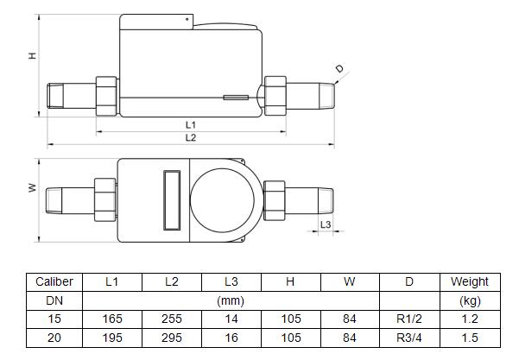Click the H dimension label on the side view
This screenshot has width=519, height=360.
point(32,56)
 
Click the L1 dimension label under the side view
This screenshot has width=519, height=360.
point(191,125)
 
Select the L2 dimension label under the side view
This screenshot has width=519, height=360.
point(191,138)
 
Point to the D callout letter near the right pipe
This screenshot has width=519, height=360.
point(339,69)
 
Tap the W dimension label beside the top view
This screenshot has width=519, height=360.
point(32,188)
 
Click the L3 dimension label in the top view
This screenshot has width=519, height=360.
point(326,224)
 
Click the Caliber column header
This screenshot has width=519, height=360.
point(54,281)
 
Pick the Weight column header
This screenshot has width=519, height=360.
point(469,281)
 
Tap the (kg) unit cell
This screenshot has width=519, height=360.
point(469,300)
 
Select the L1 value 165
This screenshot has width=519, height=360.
point(111,319)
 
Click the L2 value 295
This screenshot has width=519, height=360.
point(171,338)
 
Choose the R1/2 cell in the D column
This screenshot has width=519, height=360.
point(409,319)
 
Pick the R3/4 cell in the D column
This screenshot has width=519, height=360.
point(409,338)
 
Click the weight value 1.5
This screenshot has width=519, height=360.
point(469,338)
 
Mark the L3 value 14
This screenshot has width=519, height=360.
point(231,319)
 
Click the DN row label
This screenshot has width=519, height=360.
point(54,300)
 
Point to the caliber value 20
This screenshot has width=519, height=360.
point(54,338)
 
